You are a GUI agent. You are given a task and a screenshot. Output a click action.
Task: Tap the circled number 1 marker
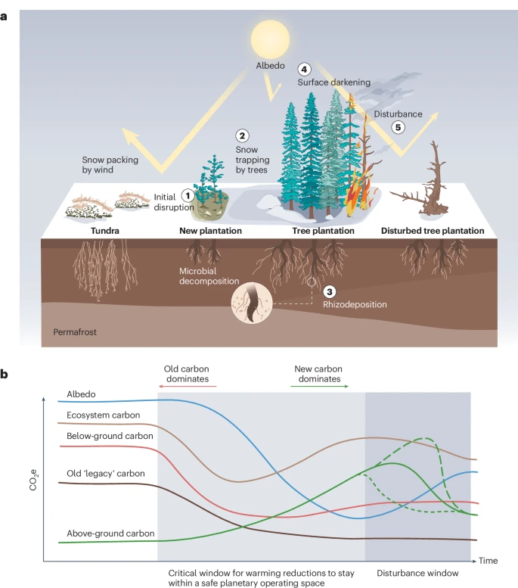(188, 195)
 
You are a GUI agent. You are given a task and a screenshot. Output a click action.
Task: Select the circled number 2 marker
(242, 136)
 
